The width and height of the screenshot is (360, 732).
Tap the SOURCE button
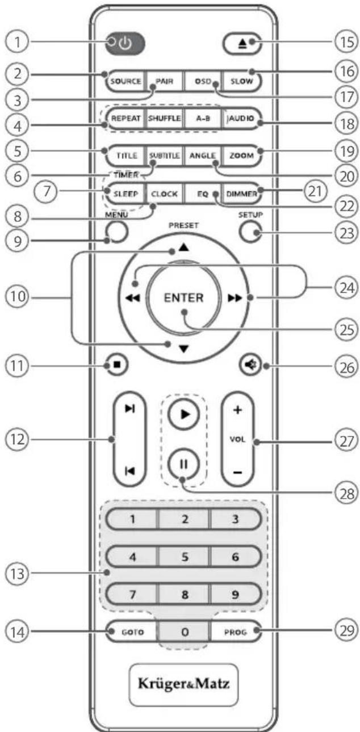(124, 81)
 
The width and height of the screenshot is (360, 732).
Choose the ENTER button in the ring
(183, 297)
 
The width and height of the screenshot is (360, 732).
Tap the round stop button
(116, 366)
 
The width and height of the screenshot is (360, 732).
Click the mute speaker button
(250, 366)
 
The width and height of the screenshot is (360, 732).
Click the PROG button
(235, 630)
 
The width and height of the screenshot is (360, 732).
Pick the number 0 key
(185, 632)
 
